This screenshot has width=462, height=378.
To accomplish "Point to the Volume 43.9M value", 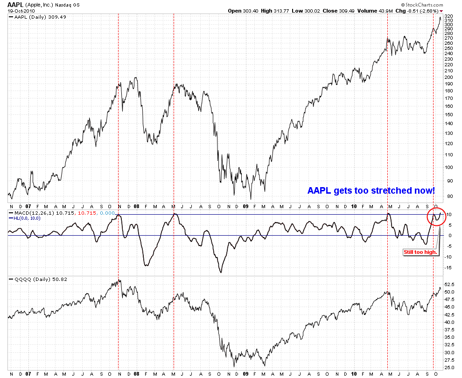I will tap(371, 11).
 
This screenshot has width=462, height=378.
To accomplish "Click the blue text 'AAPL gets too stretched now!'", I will tap(371, 190).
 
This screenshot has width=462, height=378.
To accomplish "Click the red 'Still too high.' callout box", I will tap(420, 252).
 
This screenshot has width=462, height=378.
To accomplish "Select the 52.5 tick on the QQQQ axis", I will tap(449, 284).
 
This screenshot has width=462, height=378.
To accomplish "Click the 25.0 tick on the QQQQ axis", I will tap(449, 367).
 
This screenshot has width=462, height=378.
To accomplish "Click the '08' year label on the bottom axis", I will tap(136, 373).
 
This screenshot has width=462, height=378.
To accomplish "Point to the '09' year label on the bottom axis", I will tap(246, 373).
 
